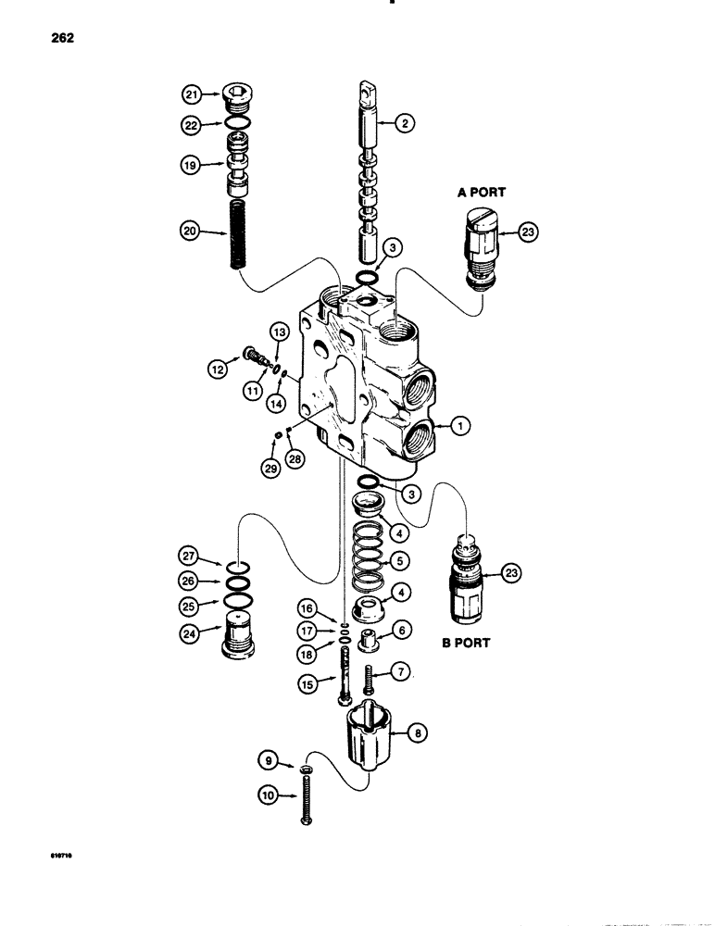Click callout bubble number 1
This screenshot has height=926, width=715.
pos(460,426)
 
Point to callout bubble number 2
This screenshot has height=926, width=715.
pos(403,122)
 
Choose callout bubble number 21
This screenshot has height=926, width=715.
pos(192,94)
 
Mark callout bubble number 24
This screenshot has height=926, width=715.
pos(192,634)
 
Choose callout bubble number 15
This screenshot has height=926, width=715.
pos(305,683)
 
